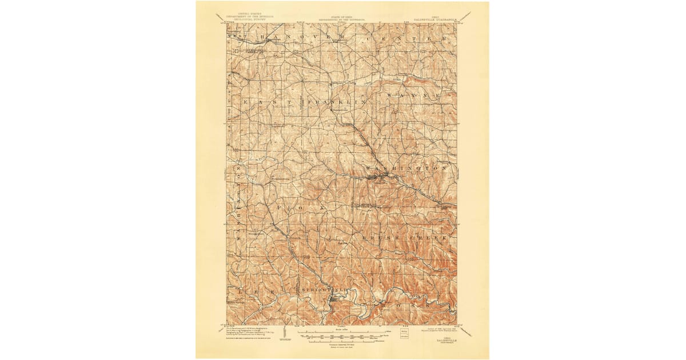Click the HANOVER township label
coord(303,37)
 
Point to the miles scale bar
coord(341,331)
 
